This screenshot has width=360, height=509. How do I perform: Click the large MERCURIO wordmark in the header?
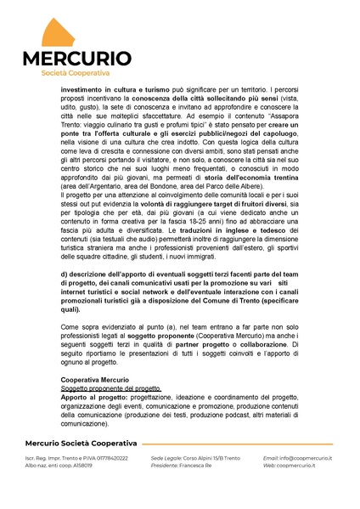click(x=76, y=59)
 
